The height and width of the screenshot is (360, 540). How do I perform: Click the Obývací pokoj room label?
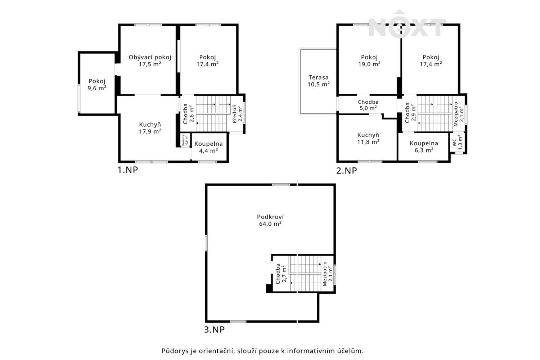(x=150, y=57)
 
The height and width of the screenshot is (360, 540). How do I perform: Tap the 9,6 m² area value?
(x=97, y=88)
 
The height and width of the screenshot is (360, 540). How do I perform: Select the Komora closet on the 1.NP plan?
(x=186, y=140)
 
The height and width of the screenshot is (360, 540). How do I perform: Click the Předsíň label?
(x=234, y=114)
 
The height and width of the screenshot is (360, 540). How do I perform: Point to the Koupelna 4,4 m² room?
(x=209, y=147)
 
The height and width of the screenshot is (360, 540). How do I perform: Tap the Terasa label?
(x=319, y=77)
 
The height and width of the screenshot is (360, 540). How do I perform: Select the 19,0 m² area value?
(x=369, y=64)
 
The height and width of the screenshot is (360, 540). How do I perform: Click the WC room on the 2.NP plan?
(x=457, y=143)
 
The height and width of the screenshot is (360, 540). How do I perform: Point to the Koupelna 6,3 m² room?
(x=424, y=147)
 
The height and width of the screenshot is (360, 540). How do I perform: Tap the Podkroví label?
(x=270, y=217)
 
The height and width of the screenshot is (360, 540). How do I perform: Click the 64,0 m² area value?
(x=270, y=224)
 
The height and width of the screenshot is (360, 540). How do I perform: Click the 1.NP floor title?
(x=127, y=170)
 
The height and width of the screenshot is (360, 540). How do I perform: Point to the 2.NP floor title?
(x=346, y=171)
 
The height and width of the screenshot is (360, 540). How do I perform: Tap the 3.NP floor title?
(x=214, y=329)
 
